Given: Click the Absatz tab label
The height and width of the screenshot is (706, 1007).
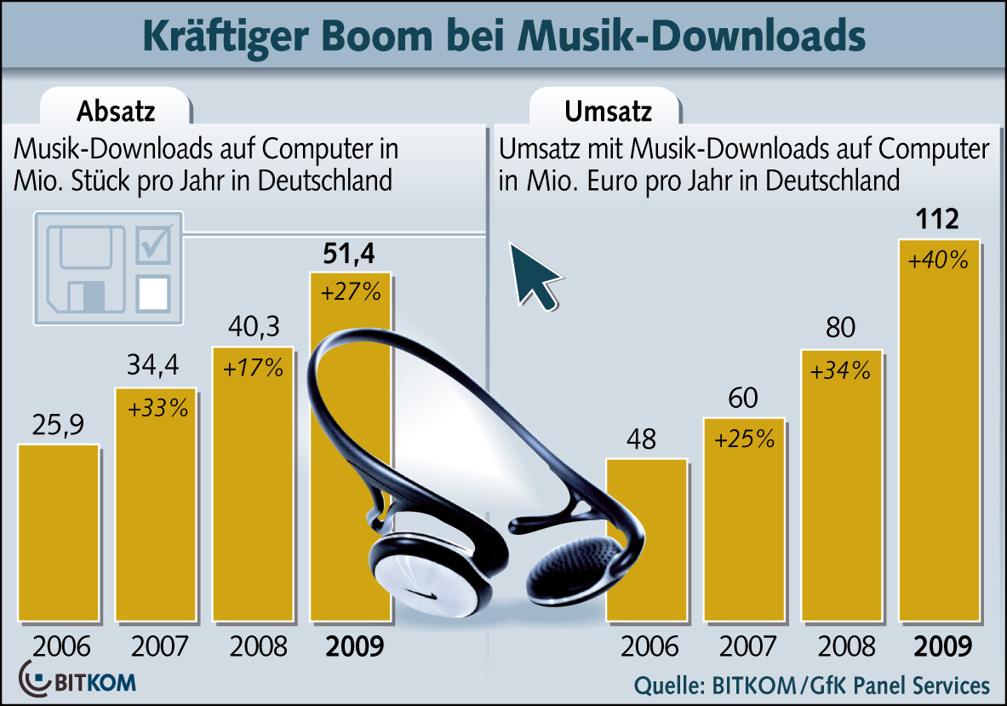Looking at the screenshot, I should click(116, 112).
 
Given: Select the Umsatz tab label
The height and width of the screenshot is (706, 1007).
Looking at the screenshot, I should click(608, 112).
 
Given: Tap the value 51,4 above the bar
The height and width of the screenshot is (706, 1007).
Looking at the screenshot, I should click(349, 254).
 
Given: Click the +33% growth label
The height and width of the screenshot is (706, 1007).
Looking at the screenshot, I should click(157, 409).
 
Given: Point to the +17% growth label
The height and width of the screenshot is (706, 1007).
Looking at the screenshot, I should click(253, 369).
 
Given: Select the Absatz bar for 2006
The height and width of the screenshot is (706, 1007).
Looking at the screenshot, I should click(59, 532).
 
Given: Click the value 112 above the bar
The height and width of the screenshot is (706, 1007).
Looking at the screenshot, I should click(937, 221).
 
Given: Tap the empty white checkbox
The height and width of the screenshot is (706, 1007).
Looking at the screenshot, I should click(154, 291).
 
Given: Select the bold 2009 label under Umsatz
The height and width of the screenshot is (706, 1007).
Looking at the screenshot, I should click(942, 647).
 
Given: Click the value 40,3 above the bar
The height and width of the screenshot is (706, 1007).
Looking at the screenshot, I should click(253, 327).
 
